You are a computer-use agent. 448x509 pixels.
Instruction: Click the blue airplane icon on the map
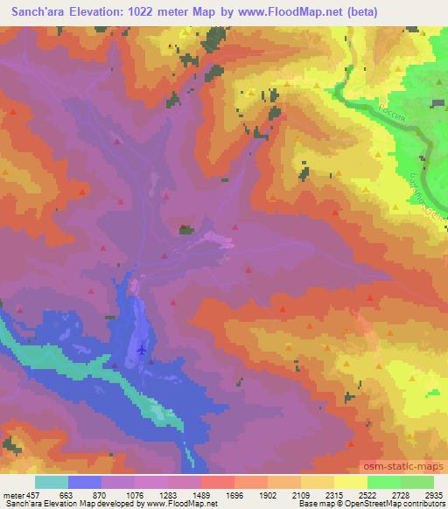point(142,350)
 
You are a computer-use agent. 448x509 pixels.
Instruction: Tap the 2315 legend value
point(330,494)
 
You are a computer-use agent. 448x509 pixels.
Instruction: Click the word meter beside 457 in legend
point(11,494)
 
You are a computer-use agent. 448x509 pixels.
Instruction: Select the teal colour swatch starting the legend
point(52,482)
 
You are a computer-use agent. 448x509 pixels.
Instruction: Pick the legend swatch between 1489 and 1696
point(218,482)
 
